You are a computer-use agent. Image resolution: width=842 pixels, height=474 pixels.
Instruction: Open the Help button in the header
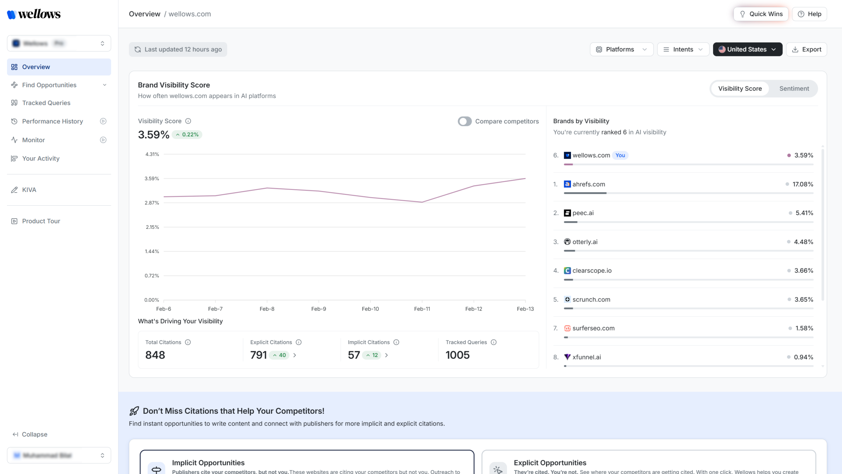[809, 14]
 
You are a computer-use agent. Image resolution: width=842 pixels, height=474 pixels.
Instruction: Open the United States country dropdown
[747, 49]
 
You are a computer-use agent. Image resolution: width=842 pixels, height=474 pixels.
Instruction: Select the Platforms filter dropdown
[621, 49]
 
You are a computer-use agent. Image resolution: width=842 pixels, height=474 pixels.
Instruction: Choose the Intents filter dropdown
[683, 49]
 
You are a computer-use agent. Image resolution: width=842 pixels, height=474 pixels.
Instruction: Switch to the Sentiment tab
[794, 89]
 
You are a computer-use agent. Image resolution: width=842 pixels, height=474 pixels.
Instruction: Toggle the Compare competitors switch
[464, 121]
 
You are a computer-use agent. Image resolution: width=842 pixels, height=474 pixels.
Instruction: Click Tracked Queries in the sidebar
[46, 103]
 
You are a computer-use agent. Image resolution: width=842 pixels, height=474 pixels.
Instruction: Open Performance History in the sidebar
[52, 121]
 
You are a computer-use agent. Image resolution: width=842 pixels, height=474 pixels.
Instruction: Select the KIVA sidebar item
[29, 190]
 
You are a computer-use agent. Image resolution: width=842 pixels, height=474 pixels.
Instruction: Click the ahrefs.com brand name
[588, 184]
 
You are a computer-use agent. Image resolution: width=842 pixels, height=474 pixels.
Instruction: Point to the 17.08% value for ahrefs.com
[803, 184]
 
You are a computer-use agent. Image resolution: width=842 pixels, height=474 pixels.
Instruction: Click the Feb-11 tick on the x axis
[422, 309]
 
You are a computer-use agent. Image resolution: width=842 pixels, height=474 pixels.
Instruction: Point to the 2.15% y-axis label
[152, 227]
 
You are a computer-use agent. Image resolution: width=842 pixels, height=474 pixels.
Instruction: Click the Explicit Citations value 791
[258, 355]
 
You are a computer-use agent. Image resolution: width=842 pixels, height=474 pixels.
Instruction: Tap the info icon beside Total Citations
[188, 342]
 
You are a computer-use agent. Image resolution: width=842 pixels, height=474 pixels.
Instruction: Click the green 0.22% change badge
[187, 135]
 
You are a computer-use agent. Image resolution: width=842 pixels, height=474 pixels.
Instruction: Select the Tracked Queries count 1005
[457, 355]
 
